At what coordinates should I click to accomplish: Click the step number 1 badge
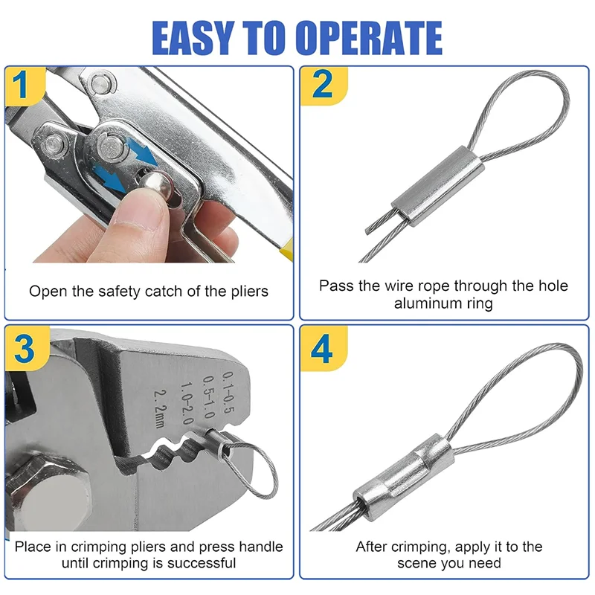[x=22, y=86]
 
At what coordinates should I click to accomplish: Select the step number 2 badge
[x=321, y=86]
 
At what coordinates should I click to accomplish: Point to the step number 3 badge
[x=22, y=347]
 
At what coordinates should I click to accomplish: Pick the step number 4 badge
[x=321, y=347]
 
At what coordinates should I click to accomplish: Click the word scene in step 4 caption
[x=419, y=564]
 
